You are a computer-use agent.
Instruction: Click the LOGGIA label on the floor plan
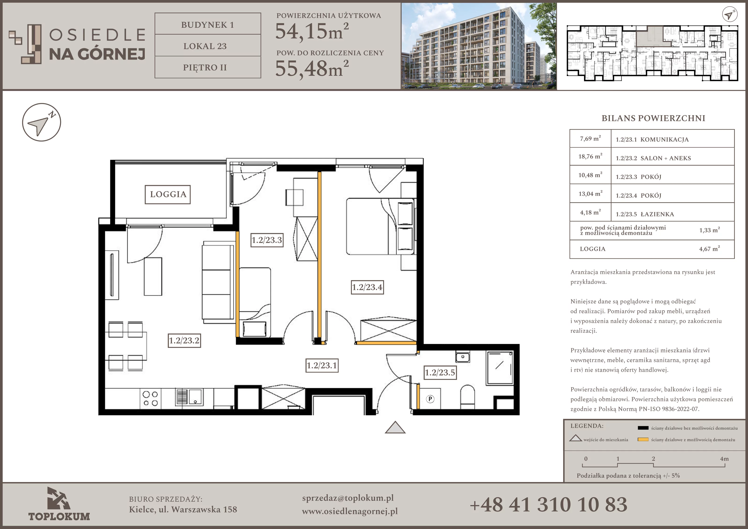coord(168,194)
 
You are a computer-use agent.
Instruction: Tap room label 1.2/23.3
coord(267,240)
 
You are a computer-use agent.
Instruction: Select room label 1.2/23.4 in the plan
coord(367,287)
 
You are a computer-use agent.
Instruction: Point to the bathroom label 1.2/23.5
coord(440,372)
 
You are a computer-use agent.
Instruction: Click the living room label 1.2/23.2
coord(184,340)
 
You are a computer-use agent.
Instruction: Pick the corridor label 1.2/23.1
coord(322,365)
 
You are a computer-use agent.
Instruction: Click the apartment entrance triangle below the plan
coord(395,427)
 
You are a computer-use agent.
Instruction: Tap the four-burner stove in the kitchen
coord(151,398)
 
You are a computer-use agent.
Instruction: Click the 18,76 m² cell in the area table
coord(590,157)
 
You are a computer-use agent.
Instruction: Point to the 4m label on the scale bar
coord(724,459)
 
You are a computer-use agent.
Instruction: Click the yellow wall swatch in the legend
coord(643,439)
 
